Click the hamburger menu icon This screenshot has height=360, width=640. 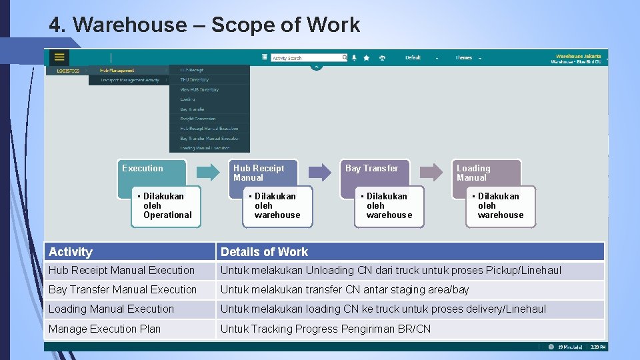(x=59, y=57)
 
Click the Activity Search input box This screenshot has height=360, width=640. (x=306, y=58)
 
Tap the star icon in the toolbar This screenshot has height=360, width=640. (x=367, y=58)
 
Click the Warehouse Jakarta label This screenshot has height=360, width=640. (x=578, y=56)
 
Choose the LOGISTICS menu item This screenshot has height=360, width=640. (x=68, y=71)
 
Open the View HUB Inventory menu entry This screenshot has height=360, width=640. (x=199, y=89)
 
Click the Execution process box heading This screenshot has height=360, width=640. (x=143, y=169)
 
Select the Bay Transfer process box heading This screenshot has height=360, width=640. (x=371, y=169)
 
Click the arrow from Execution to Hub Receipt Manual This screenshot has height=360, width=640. (x=208, y=172)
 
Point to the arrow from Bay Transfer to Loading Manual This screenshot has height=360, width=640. (x=431, y=172)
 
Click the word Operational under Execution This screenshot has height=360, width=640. (x=167, y=215)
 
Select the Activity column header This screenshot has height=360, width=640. (x=71, y=252)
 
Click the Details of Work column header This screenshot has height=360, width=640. (x=264, y=252)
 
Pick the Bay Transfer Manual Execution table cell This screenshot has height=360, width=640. (x=123, y=290)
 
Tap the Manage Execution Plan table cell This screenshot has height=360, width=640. (x=105, y=329)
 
